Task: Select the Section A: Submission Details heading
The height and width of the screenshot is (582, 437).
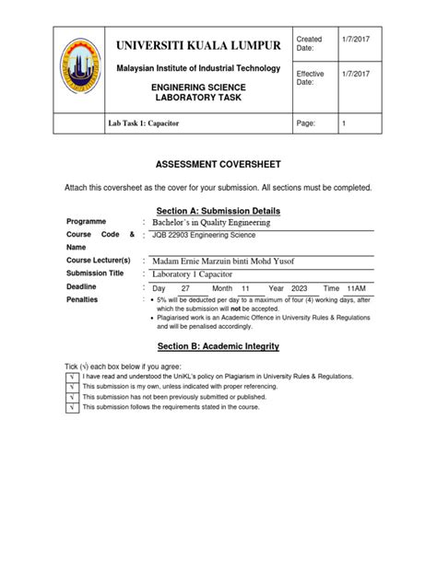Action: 218,211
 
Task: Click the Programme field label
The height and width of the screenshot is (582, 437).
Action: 88,223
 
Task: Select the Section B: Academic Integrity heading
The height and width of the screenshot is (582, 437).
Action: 218,346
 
